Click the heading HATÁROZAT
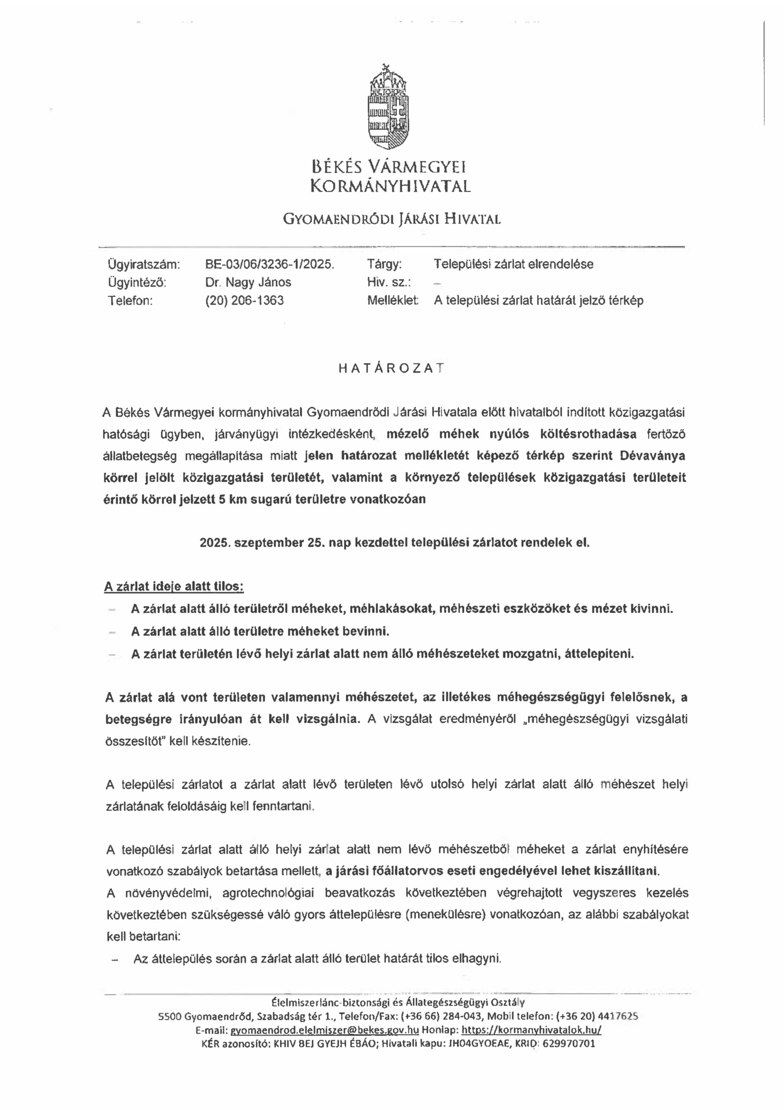[x=391, y=369]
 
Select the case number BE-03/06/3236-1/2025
[x=269, y=264]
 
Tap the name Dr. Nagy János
[x=248, y=282]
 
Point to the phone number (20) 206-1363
[x=244, y=301]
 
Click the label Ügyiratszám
[x=143, y=264]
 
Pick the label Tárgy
[x=384, y=264]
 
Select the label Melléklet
[x=393, y=301]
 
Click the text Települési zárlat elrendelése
[x=513, y=264]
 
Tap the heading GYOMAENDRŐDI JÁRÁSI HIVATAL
[x=391, y=220]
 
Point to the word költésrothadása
[x=588, y=434]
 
